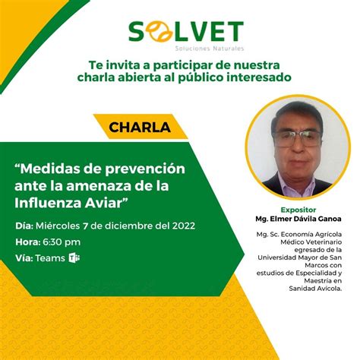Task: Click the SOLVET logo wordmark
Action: (x=185, y=31)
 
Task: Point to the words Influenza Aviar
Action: (x=72, y=202)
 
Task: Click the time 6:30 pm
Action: (x=62, y=242)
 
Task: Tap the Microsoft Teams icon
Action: (x=74, y=258)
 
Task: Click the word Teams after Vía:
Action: (x=50, y=259)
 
